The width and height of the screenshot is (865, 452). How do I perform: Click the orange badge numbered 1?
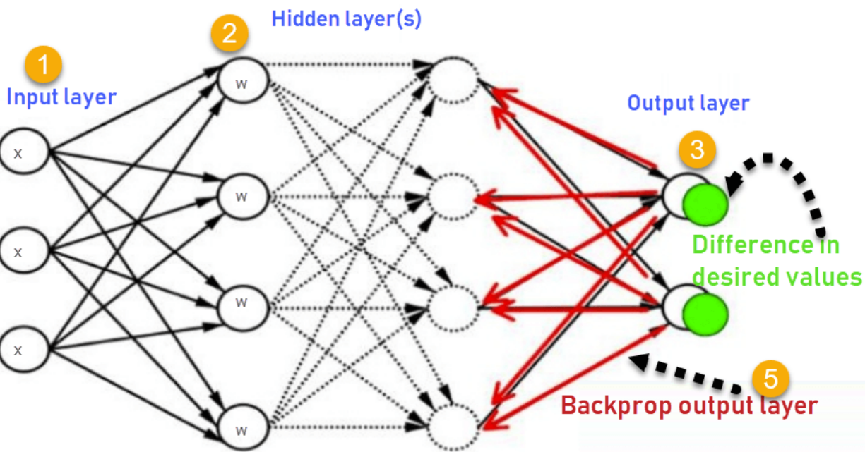coord(43,65)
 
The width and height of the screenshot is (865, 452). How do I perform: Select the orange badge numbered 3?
coord(696,149)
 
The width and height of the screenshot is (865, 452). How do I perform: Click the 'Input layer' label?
coord(61,97)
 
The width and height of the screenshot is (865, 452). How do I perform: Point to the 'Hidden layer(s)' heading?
coord(346,19)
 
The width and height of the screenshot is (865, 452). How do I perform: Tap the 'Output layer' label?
coord(688,104)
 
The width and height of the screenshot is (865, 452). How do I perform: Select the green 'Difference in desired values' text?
coord(776,261)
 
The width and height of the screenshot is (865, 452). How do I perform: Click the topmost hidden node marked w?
coord(242,82)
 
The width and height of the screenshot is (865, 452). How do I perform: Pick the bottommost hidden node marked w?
coord(242,429)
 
